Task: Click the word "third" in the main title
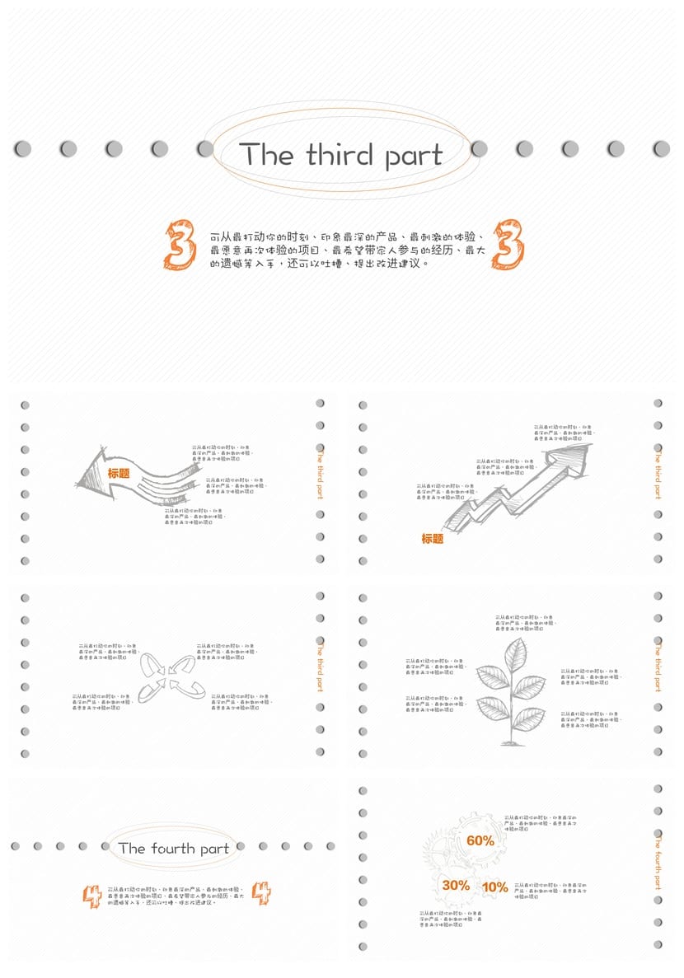coord(339,155)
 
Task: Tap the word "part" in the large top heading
coord(412,157)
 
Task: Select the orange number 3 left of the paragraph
coord(180,246)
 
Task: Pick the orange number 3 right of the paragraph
coord(508,245)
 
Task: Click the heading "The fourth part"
coord(173,848)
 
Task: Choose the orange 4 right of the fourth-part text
coord(261,893)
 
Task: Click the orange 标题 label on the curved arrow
coord(119,474)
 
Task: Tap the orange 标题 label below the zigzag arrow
coord(432,539)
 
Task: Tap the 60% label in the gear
coord(480,841)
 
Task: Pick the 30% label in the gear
coord(456,886)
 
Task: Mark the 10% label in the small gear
coord(494,887)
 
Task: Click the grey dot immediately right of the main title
coord(479,148)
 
